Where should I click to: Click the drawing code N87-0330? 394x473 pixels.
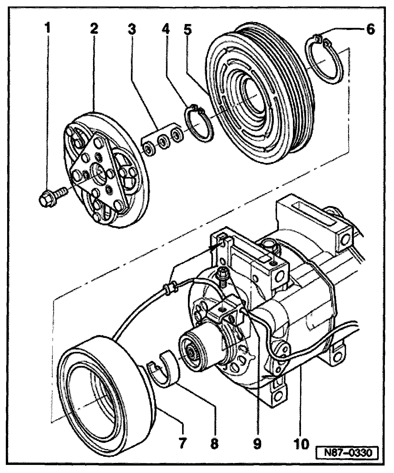tap(347, 452)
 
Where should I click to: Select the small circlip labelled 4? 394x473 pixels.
tap(199, 124)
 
